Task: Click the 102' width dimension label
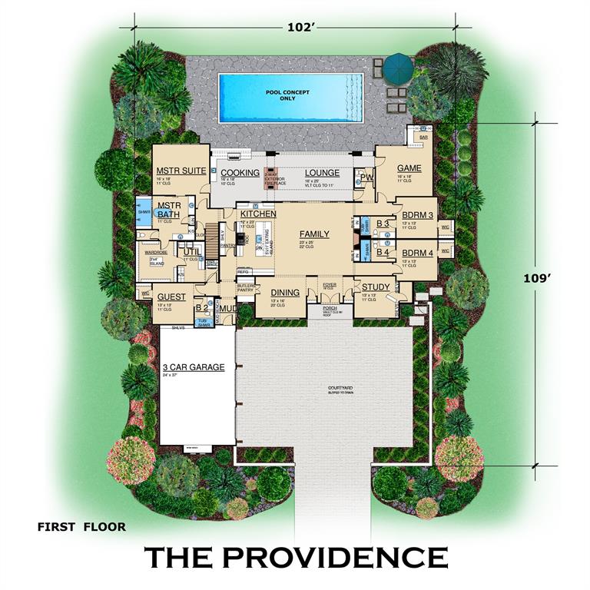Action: (302, 27)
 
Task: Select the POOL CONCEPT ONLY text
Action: (287, 95)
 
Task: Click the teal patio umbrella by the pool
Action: (399, 67)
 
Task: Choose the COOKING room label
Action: (240, 173)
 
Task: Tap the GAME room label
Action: (409, 168)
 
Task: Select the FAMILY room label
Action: (314, 234)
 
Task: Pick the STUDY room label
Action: (376, 287)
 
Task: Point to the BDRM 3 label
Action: (418, 215)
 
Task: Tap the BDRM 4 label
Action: (417, 253)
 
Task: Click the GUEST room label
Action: (171, 297)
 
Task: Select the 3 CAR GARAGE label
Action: (193, 367)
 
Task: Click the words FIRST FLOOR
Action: (81, 527)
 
